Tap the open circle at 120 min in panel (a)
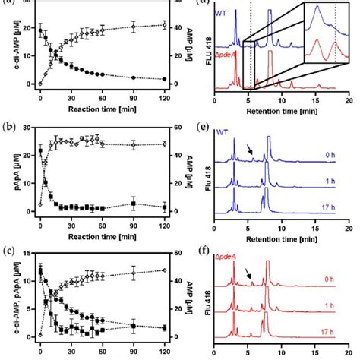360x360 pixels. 165,26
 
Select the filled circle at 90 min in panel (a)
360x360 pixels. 134,77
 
